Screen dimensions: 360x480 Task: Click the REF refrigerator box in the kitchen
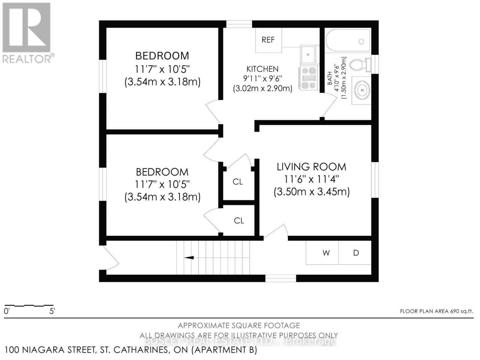(268, 40)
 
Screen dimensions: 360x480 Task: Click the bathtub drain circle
(361, 42)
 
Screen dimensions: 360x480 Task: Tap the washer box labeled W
(326, 253)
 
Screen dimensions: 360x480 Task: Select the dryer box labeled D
(356, 253)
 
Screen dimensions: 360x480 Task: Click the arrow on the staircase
(189, 258)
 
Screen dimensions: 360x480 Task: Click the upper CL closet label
(238, 182)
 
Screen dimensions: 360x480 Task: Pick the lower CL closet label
(239, 221)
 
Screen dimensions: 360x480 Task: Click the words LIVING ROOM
(311, 167)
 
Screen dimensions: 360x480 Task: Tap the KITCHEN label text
(262, 69)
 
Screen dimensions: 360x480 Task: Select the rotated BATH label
(330, 78)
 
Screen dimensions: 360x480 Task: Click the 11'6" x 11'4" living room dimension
(311, 179)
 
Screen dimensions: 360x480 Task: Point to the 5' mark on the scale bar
(52, 311)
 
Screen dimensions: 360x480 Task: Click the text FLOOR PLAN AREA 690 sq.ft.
(436, 311)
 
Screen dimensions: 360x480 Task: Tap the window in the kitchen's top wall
(239, 24)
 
